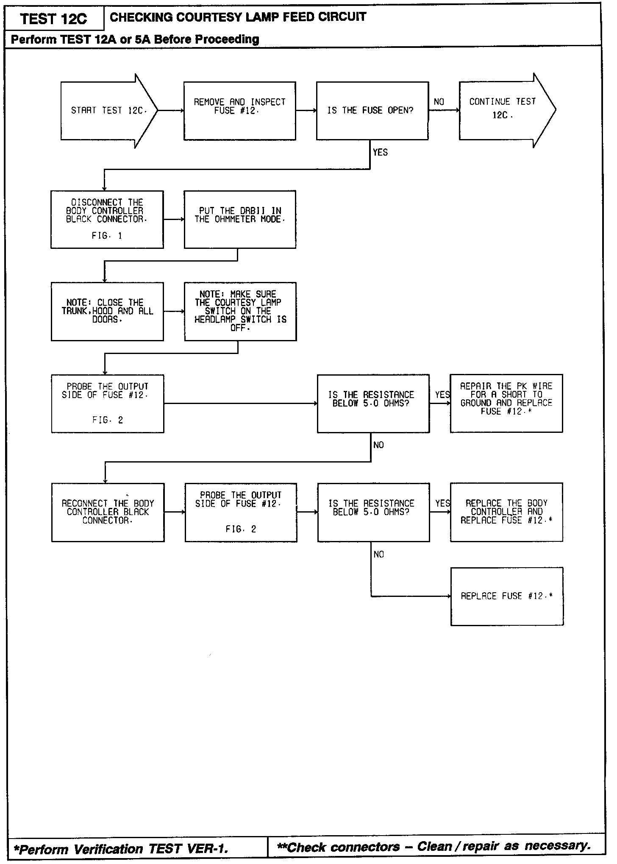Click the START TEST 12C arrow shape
tap(106, 111)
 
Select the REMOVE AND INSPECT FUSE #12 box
tap(239, 111)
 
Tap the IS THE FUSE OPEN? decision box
tap(372, 111)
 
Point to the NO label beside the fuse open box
tap(439, 102)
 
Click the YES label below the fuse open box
tap(380, 152)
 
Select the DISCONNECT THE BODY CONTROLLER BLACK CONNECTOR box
tap(107, 219)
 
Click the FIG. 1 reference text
tap(107, 236)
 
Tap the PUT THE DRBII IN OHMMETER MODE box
tap(240, 219)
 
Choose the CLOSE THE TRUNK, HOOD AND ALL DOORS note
tap(107, 311)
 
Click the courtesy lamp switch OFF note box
tap(240, 311)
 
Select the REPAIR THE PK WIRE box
tap(506, 403)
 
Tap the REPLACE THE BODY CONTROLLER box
tap(506, 512)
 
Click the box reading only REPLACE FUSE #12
tap(507, 596)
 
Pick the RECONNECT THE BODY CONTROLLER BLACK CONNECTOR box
tap(108, 512)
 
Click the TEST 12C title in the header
tap(53, 19)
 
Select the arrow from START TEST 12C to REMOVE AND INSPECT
tap(171, 111)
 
